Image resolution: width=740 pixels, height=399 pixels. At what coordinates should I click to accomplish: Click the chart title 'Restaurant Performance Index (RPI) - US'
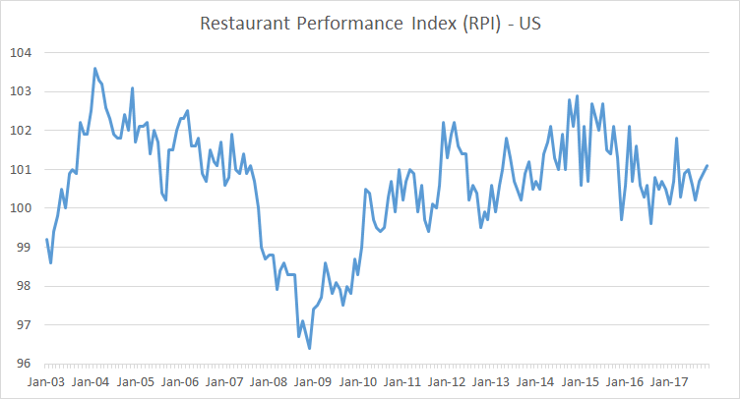click(x=370, y=23)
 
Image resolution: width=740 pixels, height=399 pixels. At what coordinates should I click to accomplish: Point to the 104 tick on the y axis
click(x=21, y=52)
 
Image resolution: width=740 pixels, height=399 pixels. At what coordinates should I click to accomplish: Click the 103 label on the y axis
click(x=21, y=91)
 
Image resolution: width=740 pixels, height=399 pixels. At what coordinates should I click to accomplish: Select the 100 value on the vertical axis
click(x=21, y=208)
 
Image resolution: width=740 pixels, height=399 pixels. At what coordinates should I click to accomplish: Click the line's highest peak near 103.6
click(x=94, y=69)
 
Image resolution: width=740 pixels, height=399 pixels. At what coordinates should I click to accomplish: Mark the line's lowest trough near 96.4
click(x=309, y=348)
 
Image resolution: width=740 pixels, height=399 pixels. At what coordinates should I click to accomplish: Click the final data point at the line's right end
click(x=707, y=166)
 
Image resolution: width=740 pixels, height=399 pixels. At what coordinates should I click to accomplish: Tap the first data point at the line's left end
click(x=46, y=240)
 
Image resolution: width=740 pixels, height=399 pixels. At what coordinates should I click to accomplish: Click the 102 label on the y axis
click(x=21, y=130)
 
